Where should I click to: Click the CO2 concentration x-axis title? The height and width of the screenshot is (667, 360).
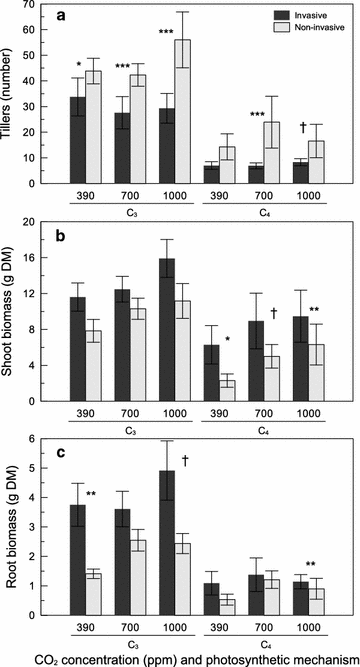[186, 658]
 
